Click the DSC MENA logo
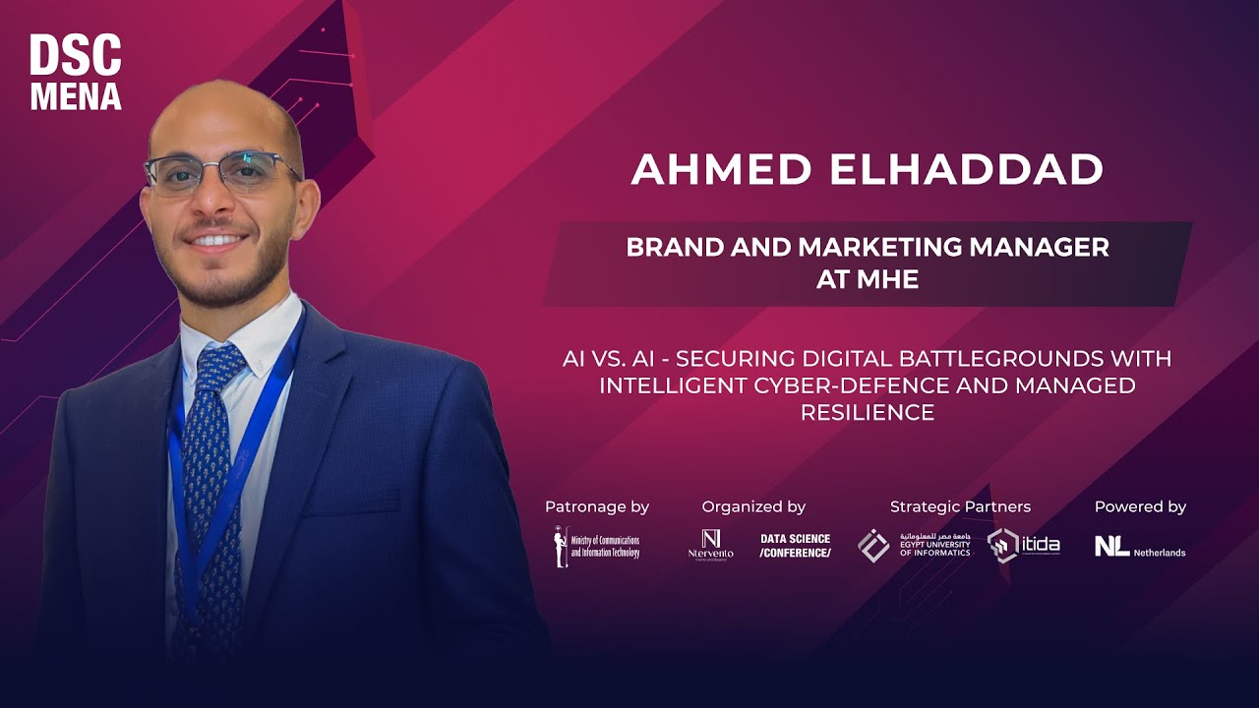pyautogui.click(x=76, y=72)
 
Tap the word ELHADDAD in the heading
pyautogui.click(x=966, y=169)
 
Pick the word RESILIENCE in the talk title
pyautogui.click(x=867, y=413)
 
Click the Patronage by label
pyautogui.click(x=597, y=507)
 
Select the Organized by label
pyautogui.click(x=753, y=507)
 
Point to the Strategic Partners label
pyautogui.click(x=960, y=507)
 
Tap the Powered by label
pyautogui.click(x=1140, y=507)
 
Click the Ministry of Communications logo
pyautogui.click(x=596, y=547)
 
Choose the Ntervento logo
pyautogui.click(x=710, y=545)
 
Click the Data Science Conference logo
pyautogui.click(x=795, y=546)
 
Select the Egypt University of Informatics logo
pyautogui.click(x=914, y=546)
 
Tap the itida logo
pyautogui.click(x=1024, y=546)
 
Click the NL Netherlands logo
pyautogui.click(x=1140, y=547)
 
